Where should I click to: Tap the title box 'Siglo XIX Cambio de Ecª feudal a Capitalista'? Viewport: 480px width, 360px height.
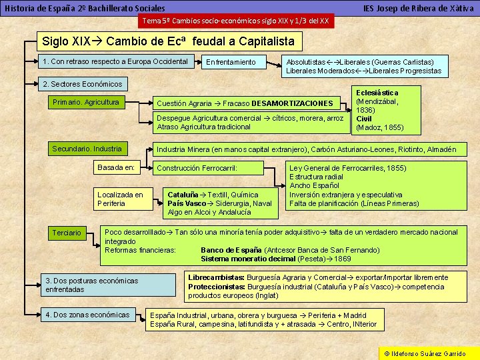pos(167,41)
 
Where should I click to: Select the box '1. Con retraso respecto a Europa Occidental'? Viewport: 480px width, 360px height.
pos(115,62)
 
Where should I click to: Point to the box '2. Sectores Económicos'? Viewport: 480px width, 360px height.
pos(82,85)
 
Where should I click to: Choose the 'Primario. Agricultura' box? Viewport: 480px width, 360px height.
pos(85,103)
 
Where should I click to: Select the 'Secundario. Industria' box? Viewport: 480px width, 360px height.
pos(87,149)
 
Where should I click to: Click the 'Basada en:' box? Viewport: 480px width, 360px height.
pos(116,167)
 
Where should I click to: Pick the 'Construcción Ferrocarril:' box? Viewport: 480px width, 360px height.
pos(197,168)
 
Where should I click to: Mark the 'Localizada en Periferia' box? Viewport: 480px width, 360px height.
pos(121,199)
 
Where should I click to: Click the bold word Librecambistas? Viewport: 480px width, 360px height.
pos(216,277)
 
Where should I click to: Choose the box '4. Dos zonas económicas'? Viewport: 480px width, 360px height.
pos(87,315)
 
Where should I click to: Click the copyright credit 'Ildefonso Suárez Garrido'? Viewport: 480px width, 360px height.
pos(427,353)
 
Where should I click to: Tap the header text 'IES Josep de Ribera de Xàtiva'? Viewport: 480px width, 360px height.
pos(418,8)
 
